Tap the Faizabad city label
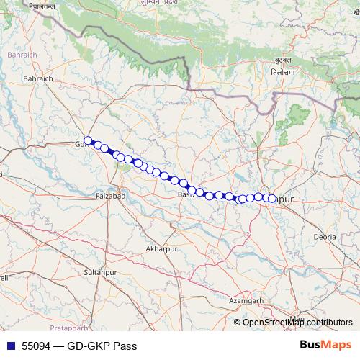tap(111, 195)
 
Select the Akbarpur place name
tap(161, 248)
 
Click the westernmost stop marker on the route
tap(88, 141)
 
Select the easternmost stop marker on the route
tap(273, 198)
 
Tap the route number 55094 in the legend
tap(37, 346)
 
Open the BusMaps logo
tap(325, 345)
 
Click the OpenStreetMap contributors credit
tap(297, 323)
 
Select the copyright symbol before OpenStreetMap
tap(238, 323)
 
